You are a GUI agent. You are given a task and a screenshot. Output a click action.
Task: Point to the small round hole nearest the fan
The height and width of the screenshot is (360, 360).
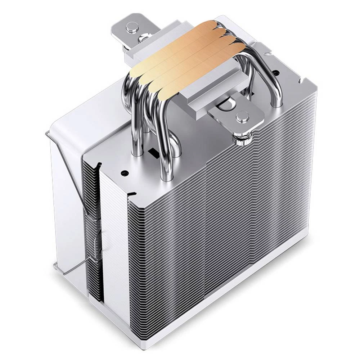point(125,173)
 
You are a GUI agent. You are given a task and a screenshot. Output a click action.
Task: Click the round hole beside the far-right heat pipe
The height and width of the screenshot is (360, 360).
point(275,73)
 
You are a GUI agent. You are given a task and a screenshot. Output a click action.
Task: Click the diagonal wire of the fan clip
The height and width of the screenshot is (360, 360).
point(68,169)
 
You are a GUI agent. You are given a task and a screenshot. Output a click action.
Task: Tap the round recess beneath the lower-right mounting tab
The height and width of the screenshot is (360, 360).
point(225,104)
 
